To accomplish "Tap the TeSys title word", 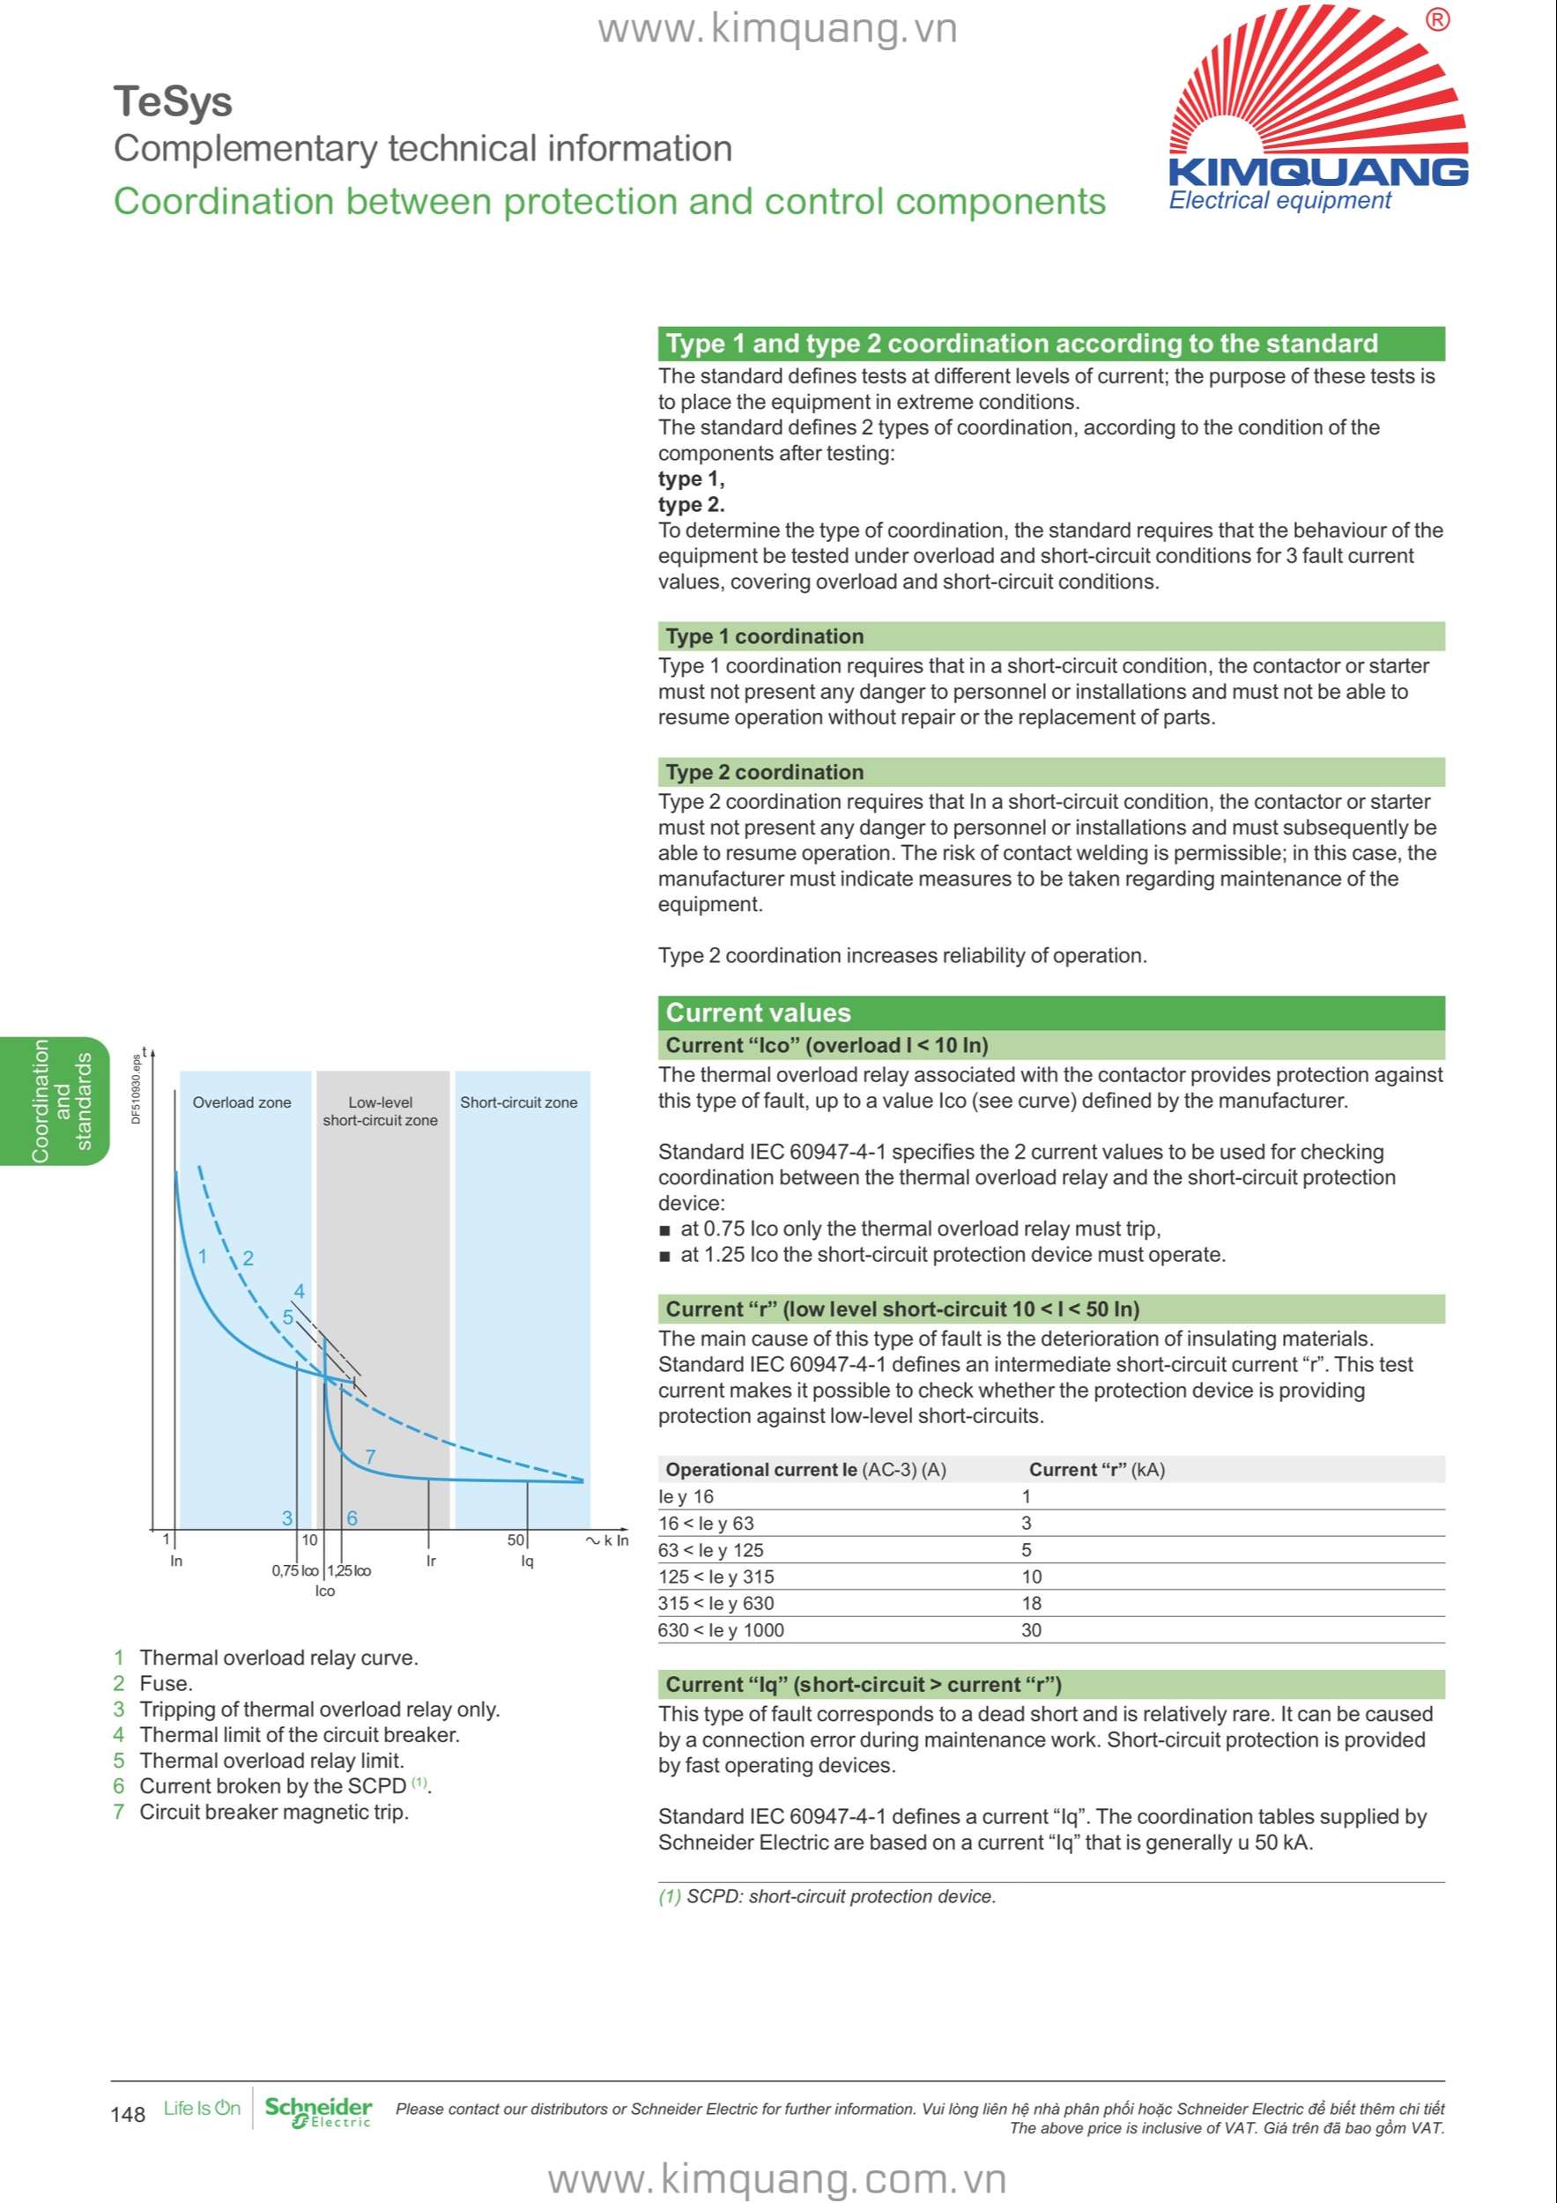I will (x=173, y=101).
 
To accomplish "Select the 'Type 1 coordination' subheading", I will (x=764, y=636).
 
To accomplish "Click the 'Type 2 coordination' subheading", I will (x=764, y=773).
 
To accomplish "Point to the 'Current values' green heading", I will (x=758, y=1013).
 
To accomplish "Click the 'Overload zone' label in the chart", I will (x=241, y=1102).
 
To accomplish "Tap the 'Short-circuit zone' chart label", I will (x=519, y=1102).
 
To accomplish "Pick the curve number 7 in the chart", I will (x=370, y=1457).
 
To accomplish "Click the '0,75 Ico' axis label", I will (x=294, y=1570).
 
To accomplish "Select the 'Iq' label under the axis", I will (x=527, y=1561).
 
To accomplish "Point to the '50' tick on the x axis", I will (x=515, y=1540).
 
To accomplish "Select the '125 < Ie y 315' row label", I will (x=715, y=1576).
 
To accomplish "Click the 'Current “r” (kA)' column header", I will (x=1096, y=1470).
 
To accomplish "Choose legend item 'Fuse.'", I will (x=165, y=1683).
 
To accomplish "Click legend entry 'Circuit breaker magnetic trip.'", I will (x=273, y=1812).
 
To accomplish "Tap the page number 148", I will (x=128, y=2115).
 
